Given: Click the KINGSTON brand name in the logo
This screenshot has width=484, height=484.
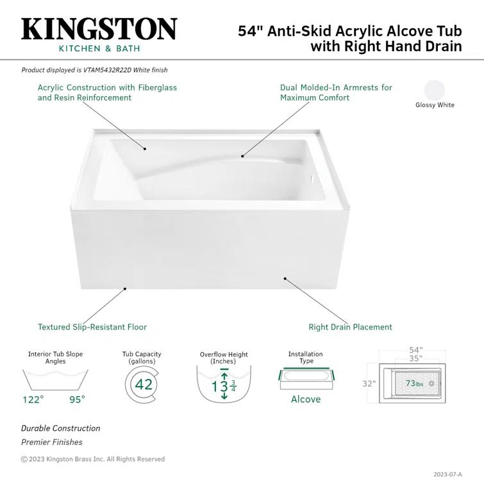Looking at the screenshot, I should [99, 29].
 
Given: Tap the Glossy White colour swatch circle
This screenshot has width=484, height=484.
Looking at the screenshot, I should [434, 89].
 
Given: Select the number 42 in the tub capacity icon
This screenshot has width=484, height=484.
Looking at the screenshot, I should [144, 384].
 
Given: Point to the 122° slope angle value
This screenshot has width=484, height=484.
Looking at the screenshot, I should [33, 399].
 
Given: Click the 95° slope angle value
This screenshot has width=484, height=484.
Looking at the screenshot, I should [77, 399].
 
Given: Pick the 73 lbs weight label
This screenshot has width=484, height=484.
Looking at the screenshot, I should [414, 384].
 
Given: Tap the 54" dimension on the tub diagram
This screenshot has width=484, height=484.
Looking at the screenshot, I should [416, 350].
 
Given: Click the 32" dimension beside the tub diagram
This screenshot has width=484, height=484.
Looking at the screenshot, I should [369, 384].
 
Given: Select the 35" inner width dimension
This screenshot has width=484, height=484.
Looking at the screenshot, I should [416, 359].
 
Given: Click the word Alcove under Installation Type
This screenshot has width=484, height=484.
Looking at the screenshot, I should [306, 399].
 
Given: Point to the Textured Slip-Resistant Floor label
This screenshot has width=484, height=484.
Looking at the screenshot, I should [92, 327].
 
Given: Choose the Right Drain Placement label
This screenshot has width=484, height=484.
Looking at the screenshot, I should [350, 327].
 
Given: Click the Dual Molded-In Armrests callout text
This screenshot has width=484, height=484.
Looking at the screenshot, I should [336, 92].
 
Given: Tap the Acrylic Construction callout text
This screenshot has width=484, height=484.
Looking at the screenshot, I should [107, 92].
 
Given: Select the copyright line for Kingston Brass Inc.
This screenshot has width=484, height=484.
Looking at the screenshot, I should [93, 459].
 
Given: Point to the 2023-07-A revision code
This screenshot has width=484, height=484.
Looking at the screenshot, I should [446, 475].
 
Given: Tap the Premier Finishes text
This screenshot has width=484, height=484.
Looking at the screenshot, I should [52, 442].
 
